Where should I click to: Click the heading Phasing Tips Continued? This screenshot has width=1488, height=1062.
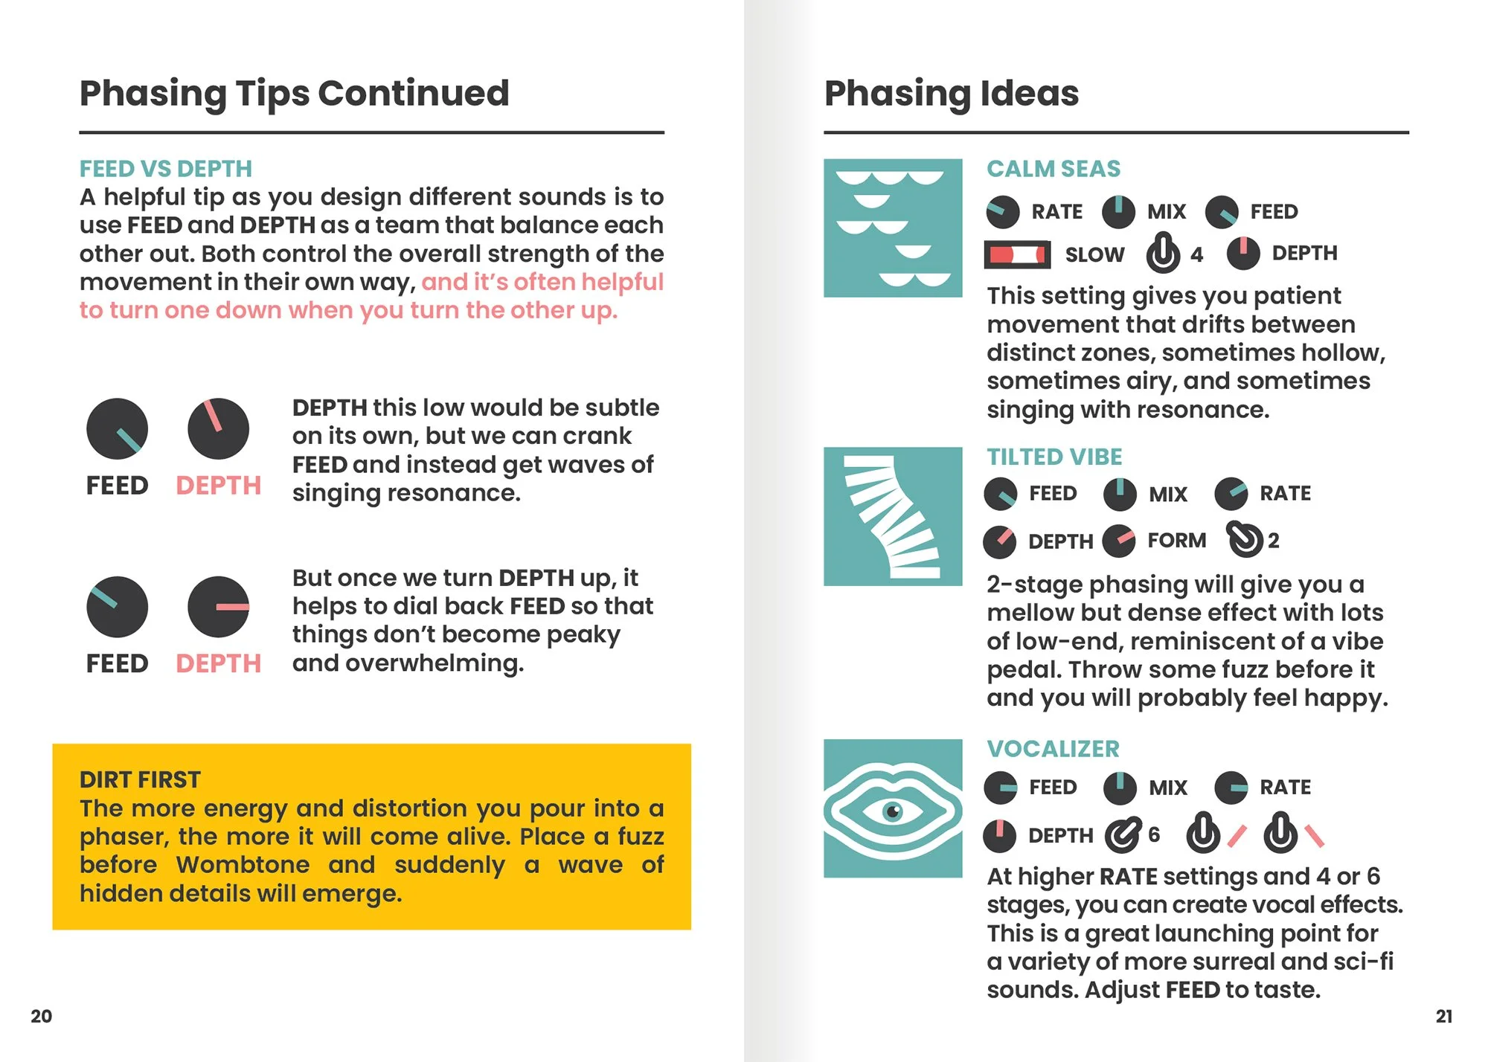click(295, 94)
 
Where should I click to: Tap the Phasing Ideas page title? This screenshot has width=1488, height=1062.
click(952, 94)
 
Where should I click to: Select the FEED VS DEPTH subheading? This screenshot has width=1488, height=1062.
click(166, 169)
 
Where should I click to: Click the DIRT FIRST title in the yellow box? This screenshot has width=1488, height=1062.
click(140, 779)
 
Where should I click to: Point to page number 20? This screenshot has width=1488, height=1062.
click(42, 1016)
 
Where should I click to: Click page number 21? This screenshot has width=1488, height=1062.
click(1444, 1016)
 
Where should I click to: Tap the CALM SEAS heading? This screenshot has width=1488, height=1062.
click(1054, 169)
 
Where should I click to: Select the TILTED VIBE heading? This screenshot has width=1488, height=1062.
click(1054, 457)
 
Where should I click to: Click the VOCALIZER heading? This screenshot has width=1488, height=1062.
click(1053, 749)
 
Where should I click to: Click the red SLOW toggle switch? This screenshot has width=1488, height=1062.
click(1017, 255)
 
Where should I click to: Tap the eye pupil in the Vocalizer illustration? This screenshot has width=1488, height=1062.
click(893, 811)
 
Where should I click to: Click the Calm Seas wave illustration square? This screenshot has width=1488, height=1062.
click(893, 228)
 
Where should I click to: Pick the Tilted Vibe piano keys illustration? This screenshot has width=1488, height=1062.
click(893, 516)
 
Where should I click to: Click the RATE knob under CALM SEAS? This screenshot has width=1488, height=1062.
click(1003, 212)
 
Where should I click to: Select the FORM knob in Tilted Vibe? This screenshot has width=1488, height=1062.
click(1119, 541)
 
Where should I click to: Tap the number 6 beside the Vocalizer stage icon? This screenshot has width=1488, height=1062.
click(1154, 834)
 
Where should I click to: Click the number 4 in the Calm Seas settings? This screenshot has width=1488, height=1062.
click(1196, 255)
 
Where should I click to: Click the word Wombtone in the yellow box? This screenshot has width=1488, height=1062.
click(243, 865)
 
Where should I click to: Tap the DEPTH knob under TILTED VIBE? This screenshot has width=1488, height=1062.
click(1000, 542)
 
